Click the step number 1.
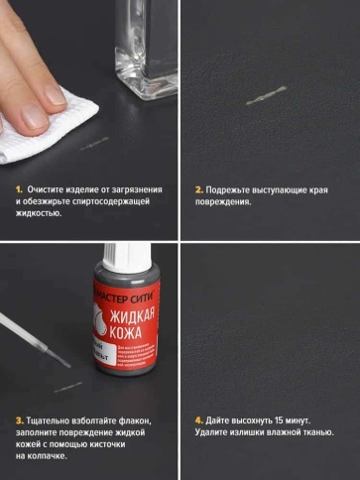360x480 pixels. [18, 188]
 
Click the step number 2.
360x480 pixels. [198, 188]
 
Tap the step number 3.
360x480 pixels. [18, 420]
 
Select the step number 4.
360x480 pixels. [198, 420]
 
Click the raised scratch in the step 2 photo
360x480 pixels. [266, 96]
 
